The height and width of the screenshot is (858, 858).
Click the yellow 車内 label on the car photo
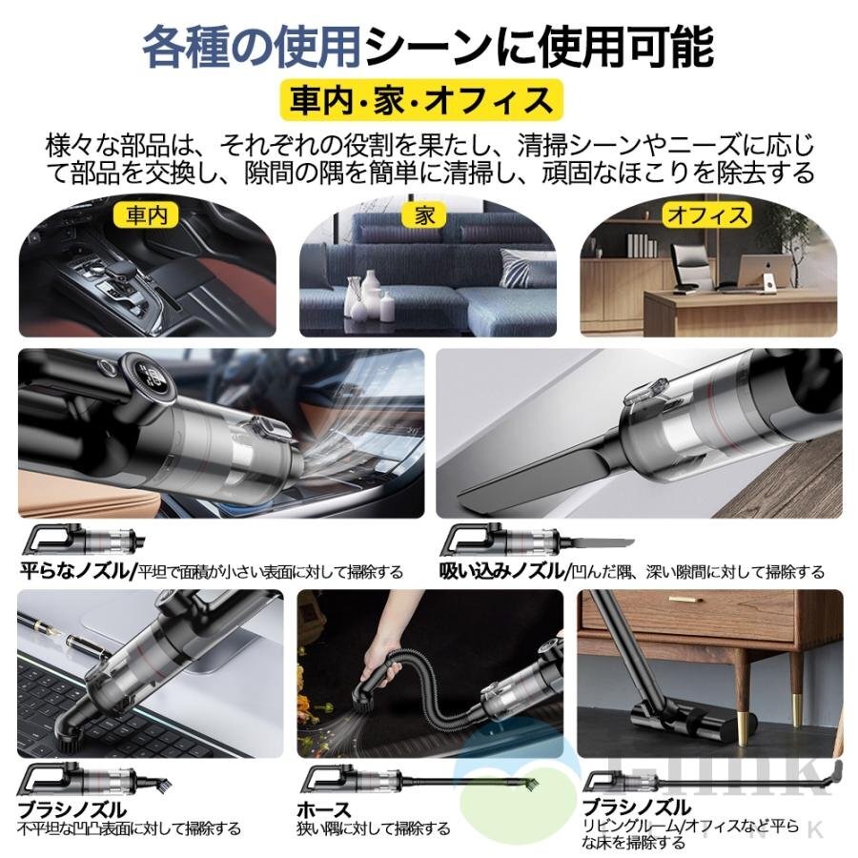click(x=146, y=215)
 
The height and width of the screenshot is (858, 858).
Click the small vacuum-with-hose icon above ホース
click(x=381, y=780)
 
